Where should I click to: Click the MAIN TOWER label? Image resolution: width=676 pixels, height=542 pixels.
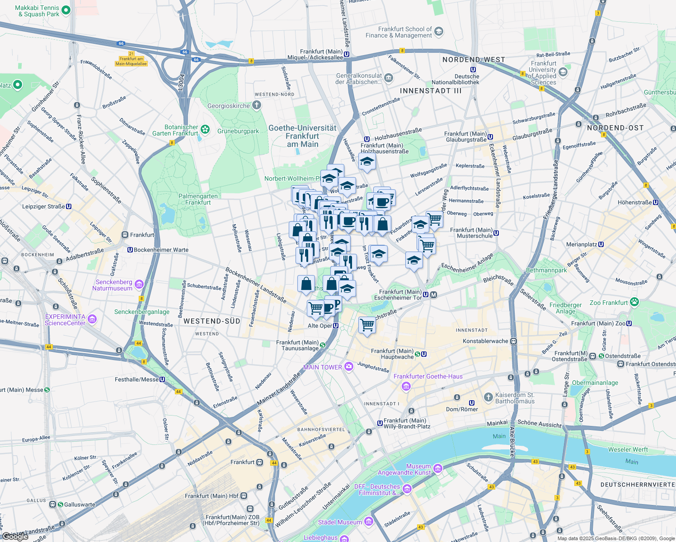point(323,367)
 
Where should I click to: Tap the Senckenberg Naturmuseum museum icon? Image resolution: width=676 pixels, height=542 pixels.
point(139,284)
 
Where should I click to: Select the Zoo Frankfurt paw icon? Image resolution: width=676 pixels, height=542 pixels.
point(634,302)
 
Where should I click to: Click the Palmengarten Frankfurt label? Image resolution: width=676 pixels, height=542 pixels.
point(198,199)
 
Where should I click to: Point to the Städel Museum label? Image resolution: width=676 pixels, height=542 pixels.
point(340,522)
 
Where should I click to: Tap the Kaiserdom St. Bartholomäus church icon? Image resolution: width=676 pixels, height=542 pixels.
point(488,397)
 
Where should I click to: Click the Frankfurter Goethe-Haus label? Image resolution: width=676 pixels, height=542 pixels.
point(428,376)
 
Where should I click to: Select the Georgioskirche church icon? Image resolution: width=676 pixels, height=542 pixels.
point(257,106)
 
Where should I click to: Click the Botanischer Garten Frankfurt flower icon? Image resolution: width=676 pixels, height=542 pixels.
point(205,130)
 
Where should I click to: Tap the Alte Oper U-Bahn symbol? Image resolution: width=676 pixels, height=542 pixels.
point(336,326)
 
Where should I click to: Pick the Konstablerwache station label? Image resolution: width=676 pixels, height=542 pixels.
point(485,341)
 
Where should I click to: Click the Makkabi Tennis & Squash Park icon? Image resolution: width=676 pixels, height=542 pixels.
point(66,10)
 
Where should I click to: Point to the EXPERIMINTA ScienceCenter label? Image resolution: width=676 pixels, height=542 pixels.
point(65,320)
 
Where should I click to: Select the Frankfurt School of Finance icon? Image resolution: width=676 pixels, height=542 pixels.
point(439,32)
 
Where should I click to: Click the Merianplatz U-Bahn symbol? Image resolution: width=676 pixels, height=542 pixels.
point(601,244)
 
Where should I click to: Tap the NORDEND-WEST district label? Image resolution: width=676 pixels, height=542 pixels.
point(474,60)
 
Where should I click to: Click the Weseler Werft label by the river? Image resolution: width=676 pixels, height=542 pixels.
point(628,449)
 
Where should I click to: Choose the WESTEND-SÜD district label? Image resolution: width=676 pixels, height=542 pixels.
point(212,321)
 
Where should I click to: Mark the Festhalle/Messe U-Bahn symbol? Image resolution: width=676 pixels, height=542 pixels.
point(162,379)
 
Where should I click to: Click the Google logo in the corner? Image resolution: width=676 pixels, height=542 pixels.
point(15,537)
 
